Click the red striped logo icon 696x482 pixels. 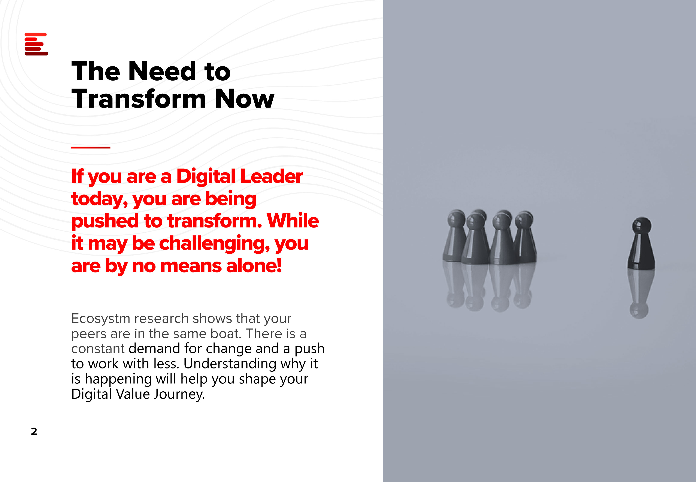(x=36, y=44)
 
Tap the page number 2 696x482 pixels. (x=34, y=431)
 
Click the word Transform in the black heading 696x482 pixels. (x=139, y=99)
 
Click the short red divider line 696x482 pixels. (x=91, y=147)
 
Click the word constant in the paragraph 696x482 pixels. (x=98, y=349)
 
